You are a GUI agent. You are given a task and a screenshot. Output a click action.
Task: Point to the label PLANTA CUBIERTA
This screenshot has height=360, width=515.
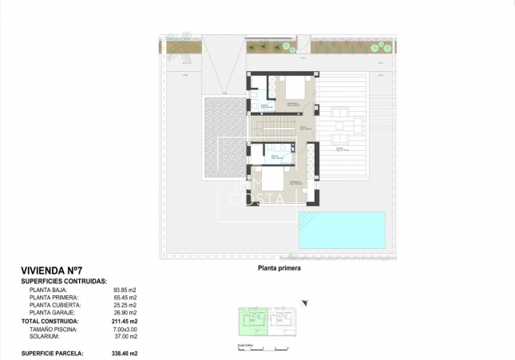click(x=56, y=305)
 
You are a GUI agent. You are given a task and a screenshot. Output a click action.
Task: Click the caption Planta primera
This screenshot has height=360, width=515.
click(x=279, y=269)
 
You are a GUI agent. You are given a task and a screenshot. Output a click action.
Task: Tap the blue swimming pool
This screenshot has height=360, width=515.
click(x=341, y=229)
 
